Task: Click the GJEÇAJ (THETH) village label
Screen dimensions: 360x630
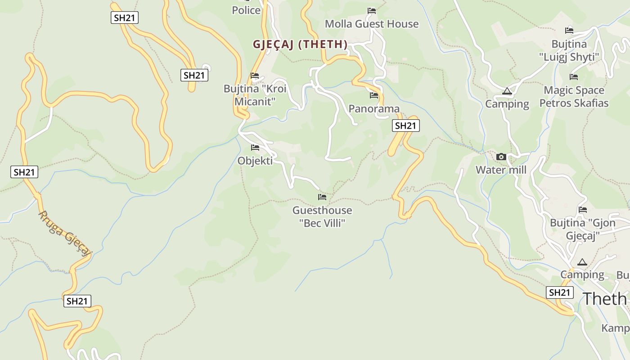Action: pos(300,44)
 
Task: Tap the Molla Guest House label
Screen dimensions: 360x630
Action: pos(371,24)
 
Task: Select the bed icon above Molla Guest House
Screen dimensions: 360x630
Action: pos(371,10)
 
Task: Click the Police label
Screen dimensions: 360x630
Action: pos(246,10)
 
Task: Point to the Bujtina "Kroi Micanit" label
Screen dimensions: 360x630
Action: pos(255,95)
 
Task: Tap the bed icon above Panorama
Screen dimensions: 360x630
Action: pos(373,95)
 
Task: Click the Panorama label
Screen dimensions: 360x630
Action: pos(374,108)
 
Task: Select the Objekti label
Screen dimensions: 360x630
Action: pos(255,161)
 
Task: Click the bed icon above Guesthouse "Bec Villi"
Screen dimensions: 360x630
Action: pos(322,197)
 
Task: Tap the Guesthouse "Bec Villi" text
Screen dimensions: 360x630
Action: pos(322,216)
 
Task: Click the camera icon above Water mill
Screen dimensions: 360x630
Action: pos(501,157)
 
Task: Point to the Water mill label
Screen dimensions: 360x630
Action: pos(501,170)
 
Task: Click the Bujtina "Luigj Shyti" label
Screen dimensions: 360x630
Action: pos(569,50)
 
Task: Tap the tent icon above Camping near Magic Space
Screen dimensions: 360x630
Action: pos(507,91)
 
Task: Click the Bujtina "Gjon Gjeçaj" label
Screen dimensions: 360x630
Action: pos(582,229)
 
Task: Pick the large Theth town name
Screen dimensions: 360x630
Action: pos(605,298)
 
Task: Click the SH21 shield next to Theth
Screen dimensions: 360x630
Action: pos(560,292)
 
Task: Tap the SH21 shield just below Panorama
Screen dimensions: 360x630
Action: pos(406,126)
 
